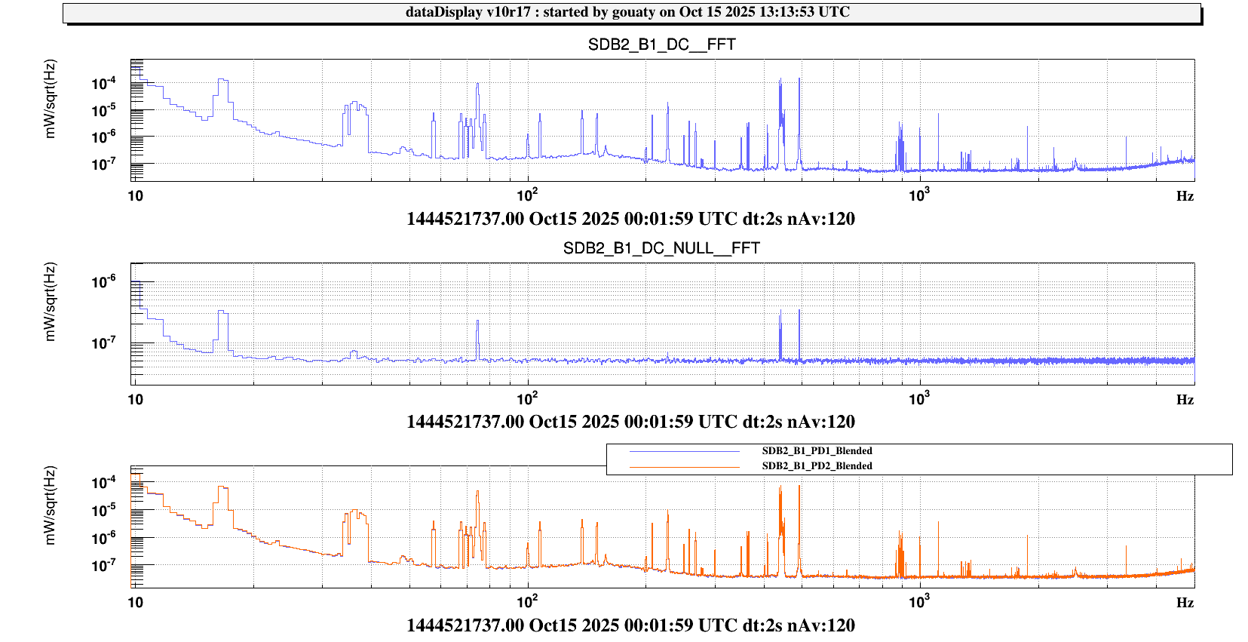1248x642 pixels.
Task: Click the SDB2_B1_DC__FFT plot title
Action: tap(661, 45)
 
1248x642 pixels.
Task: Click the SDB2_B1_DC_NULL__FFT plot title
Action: tap(661, 248)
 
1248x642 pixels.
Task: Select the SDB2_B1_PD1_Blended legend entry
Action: tap(817, 451)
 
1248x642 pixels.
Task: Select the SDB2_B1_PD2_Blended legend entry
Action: tap(817, 466)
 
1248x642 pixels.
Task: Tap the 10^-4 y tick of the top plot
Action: tap(104, 83)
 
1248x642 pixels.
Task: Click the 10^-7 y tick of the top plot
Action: tap(104, 164)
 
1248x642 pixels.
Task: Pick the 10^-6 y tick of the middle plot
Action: tap(104, 281)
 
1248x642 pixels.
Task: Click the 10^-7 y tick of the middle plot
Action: tap(104, 343)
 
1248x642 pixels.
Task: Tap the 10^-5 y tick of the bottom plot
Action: tap(104, 510)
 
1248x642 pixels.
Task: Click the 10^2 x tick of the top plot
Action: tap(527, 195)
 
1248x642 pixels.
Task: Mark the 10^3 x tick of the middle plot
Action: tap(918, 398)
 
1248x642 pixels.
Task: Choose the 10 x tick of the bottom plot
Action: tap(135, 602)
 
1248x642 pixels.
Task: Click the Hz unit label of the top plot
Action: tap(1185, 196)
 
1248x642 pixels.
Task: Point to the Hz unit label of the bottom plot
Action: tap(1185, 603)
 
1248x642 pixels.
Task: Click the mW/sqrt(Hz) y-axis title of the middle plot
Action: tap(51, 302)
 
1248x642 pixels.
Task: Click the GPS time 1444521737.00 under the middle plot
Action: tap(465, 422)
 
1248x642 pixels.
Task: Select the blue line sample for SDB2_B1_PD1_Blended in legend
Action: tap(685, 451)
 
